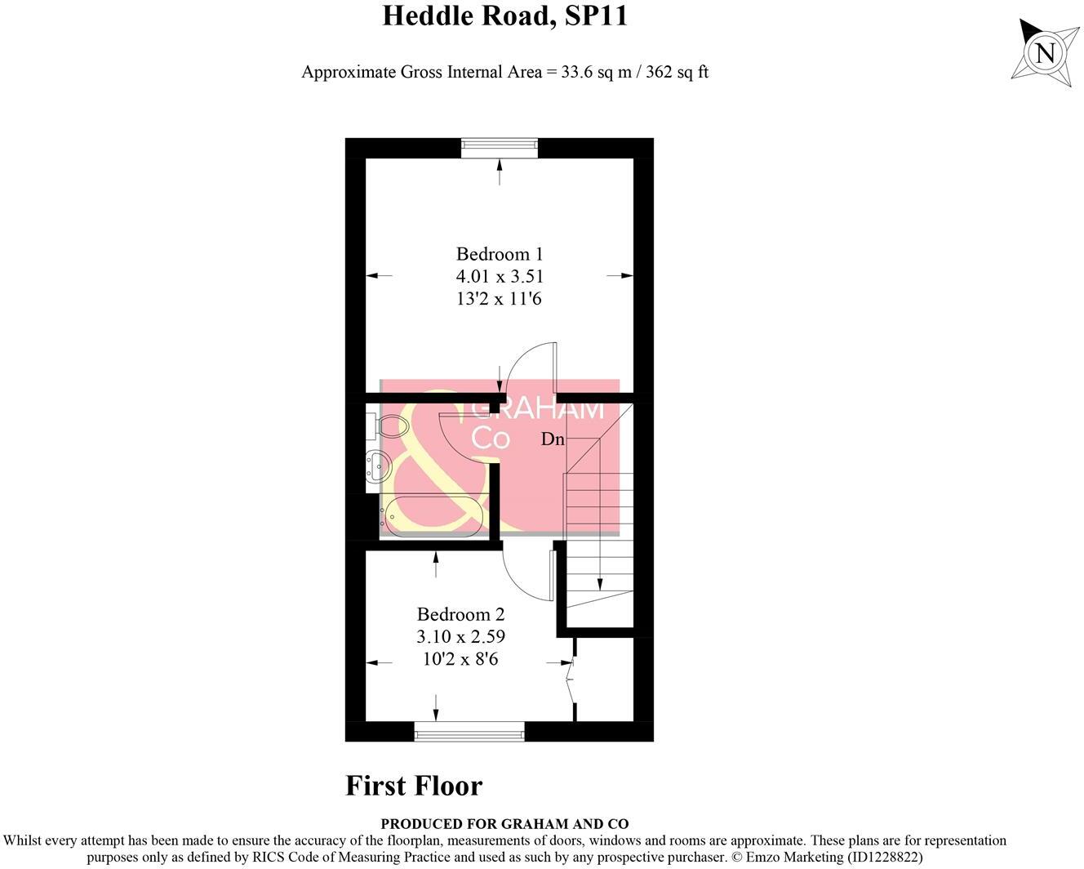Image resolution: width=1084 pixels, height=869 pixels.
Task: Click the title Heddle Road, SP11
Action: (x=504, y=16)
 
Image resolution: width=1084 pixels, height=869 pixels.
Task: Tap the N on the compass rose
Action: (x=1044, y=53)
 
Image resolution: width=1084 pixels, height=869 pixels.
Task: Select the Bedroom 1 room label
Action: (x=499, y=254)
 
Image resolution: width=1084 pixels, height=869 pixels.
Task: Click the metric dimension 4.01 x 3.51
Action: (x=499, y=276)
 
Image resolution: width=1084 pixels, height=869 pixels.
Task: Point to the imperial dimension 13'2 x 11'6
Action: (x=499, y=299)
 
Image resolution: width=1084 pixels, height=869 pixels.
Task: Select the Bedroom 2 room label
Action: (x=460, y=614)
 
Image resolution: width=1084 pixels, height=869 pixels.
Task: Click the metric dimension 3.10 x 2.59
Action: (x=460, y=636)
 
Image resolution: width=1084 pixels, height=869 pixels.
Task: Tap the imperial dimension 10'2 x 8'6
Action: (x=460, y=658)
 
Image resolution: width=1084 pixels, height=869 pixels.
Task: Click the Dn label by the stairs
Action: (x=553, y=439)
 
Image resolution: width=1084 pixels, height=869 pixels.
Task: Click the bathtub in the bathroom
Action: (x=433, y=516)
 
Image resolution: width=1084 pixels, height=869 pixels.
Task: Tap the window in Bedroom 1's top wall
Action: (x=500, y=148)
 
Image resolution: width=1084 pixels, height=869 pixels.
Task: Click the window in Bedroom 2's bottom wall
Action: (x=469, y=732)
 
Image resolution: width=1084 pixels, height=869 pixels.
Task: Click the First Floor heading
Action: (x=414, y=786)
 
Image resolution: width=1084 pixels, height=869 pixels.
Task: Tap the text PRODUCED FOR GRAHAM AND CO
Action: (x=504, y=824)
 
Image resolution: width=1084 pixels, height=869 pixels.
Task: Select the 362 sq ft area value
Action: (x=677, y=72)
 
